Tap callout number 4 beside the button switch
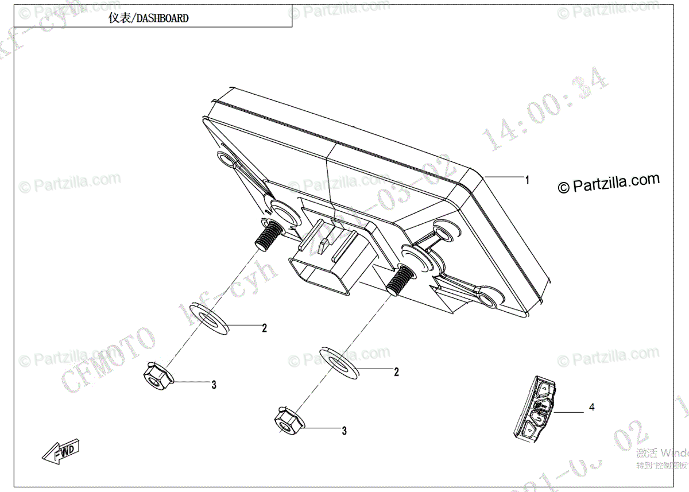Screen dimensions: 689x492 point(591,407)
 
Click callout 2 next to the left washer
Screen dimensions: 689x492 point(265,328)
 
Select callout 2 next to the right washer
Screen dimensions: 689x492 point(396,372)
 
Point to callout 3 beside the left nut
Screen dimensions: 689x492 point(214,385)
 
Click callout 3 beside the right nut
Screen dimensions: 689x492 point(344,431)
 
